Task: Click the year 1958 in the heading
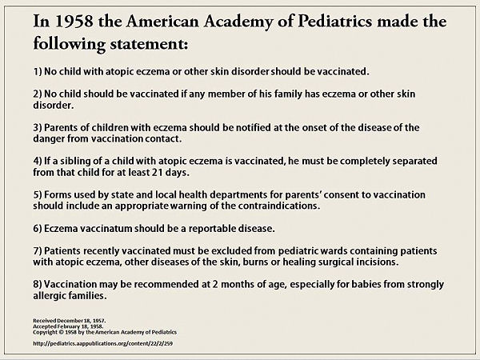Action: tap(74, 22)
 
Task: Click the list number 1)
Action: tap(38, 72)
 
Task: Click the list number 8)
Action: tap(38, 284)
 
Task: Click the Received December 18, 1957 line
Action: tap(69, 321)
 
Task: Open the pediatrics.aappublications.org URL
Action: tap(103, 343)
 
